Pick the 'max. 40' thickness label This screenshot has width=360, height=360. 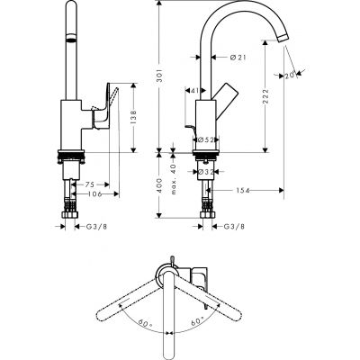[172, 171]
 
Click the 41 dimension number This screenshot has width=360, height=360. [195, 90]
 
